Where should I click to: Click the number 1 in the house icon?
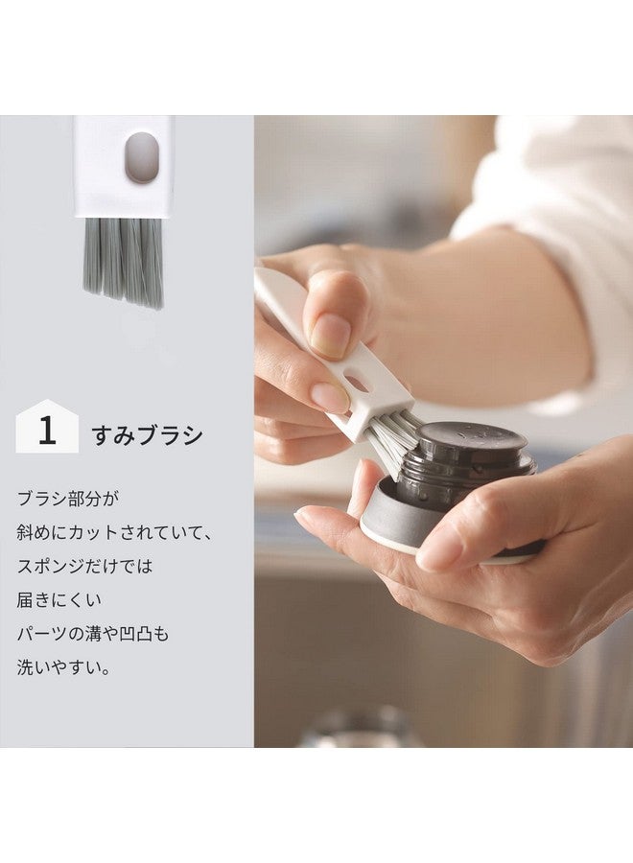[x=47, y=431]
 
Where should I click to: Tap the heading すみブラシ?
[x=147, y=435]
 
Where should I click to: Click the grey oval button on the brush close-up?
[x=142, y=157]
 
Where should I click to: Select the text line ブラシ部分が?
[x=68, y=499]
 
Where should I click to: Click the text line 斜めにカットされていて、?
[x=114, y=532]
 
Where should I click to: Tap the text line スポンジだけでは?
[x=84, y=566]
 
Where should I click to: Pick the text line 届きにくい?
[x=59, y=599]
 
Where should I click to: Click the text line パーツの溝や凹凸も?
[x=92, y=634]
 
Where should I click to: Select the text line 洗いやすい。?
[x=63, y=667]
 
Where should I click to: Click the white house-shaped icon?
[x=47, y=426]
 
